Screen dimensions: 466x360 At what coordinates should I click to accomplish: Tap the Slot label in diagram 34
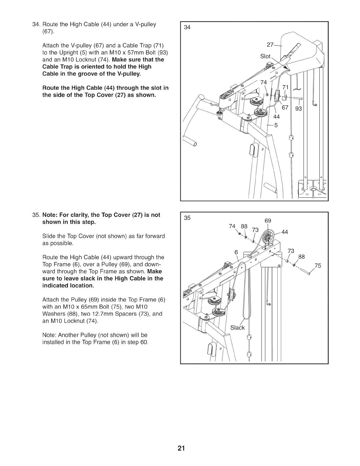coord(265,56)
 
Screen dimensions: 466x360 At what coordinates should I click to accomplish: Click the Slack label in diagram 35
coord(237,327)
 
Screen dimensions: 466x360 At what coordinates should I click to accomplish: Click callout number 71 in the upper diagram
coord(286,87)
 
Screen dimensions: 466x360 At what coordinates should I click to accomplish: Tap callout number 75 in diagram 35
coord(318,266)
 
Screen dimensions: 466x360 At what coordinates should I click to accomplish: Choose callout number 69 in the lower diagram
coord(268,221)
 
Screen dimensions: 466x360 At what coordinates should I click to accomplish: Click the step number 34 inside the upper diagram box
coord(187,28)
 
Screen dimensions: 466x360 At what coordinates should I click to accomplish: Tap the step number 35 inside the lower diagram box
coord(187,218)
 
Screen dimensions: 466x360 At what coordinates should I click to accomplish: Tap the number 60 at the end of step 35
coord(144,342)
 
